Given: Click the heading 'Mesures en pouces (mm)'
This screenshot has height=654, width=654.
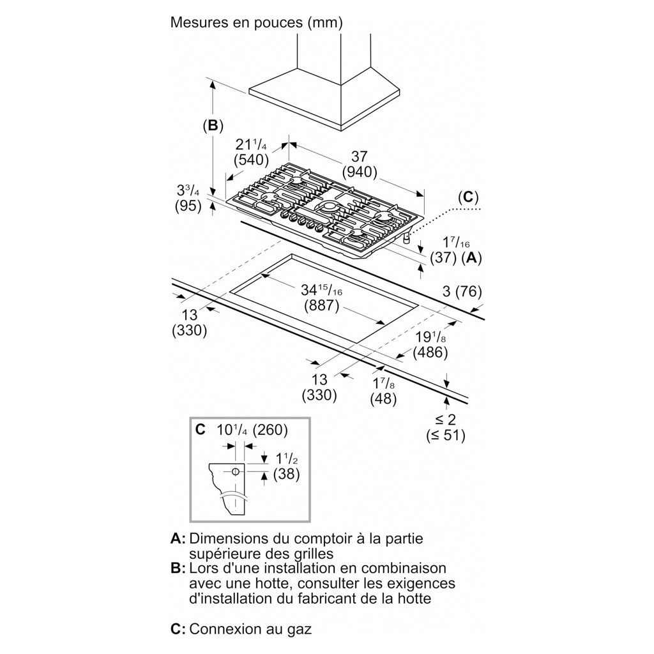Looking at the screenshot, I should [257, 23].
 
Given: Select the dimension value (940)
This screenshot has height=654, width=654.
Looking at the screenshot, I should [360, 171].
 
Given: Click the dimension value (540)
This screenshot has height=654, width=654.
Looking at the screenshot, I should [251, 158].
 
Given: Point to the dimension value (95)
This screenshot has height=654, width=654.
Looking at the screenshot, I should [188, 206].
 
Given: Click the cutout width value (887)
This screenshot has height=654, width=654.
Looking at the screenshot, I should [321, 305].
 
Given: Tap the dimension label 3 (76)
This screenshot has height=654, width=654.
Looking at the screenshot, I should [462, 292].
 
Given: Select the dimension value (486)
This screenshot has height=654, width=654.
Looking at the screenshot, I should [430, 352].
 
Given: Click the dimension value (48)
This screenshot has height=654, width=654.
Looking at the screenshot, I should [383, 399].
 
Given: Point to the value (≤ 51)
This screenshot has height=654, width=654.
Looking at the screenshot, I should [446, 436].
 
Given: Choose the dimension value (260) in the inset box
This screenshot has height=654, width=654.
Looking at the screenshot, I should [271, 429].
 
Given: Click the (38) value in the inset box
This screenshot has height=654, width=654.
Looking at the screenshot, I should [286, 474].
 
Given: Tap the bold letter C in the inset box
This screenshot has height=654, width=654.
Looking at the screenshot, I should [201, 429].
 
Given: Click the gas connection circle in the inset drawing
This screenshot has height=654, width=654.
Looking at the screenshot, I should [235, 472].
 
